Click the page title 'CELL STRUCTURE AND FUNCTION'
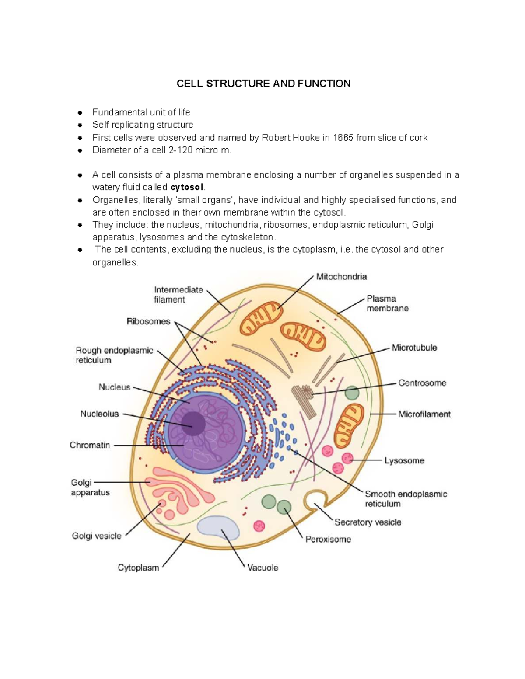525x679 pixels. [263, 84]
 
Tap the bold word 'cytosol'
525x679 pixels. [187, 188]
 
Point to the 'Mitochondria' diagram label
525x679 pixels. [341, 277]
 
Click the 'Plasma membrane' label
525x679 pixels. [387, 303]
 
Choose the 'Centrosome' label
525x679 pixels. [422, 383]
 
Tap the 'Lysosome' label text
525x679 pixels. [404, 460]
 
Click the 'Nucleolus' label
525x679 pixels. [99, 414]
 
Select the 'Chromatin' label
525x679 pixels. [90, 445]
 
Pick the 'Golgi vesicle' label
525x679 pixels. [97, 536]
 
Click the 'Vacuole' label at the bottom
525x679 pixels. [262, 568]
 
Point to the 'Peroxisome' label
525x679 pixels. [328, 539]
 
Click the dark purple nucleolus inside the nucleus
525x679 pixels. [193, 423]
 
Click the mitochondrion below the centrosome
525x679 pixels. [349, 423]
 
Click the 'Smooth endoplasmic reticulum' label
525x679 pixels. [406, 499]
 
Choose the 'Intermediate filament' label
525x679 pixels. [178, 295]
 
